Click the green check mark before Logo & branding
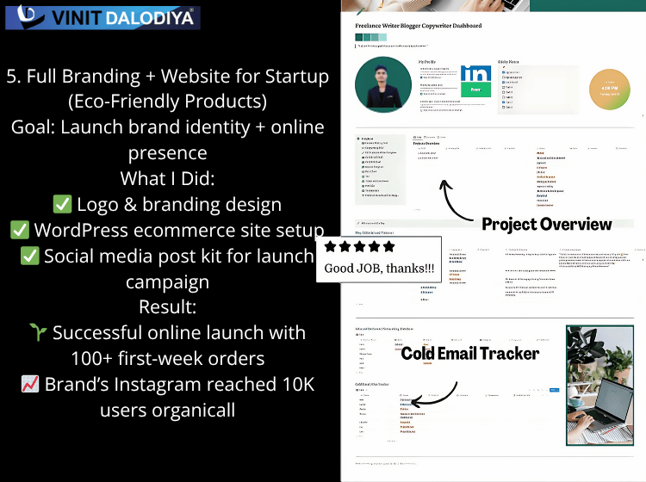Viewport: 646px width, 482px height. tap(62, 205)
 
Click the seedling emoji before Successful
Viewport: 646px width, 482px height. tap(38, 333)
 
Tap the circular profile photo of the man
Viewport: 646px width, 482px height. tap(382, 85)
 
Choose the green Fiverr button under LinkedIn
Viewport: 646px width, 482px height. tap(475, 89)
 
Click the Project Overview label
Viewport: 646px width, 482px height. tap(546, 225)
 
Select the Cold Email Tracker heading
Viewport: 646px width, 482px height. tap(469, 353)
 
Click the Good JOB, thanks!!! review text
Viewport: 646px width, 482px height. tap(378, 268)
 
